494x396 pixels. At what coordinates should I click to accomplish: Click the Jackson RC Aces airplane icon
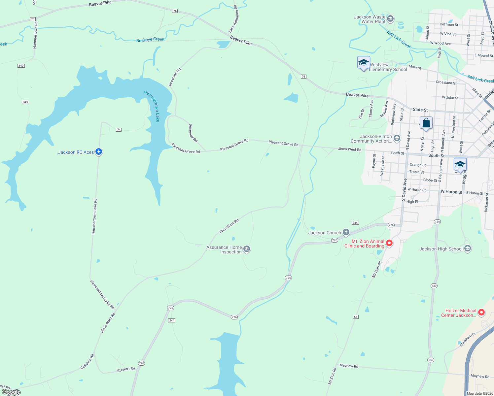[x=98, y=152]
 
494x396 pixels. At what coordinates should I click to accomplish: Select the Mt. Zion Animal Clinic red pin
[x=389, y=243]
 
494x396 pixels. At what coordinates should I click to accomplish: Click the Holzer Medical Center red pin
[x=481, y=312]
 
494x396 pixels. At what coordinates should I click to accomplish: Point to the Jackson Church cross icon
[x=346, y=232]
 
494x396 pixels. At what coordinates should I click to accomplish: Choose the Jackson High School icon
[x=467, y=248]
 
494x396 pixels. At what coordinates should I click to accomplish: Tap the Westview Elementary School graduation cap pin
[x=364, y=63]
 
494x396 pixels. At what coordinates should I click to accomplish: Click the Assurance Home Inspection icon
[x=247, y=249]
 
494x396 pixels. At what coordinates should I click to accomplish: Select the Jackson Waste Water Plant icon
[x=390, y=19]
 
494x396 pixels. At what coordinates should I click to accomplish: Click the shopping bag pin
[x=426, y=123]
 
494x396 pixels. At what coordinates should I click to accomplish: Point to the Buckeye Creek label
[x=150, y=40]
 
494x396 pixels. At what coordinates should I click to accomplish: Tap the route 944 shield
[x=355, y=223]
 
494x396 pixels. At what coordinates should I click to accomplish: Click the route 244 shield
[x=172, y=320]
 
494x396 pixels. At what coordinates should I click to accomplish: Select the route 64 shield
[x=356, y=317]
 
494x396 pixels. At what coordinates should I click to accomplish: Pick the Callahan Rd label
[x=87, y=362]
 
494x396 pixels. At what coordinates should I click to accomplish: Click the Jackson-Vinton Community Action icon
[x=397, y=138]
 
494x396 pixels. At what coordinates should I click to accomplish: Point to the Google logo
[x=11, y=392]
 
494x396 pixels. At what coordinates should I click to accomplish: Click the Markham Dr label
[x=468, y=340]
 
